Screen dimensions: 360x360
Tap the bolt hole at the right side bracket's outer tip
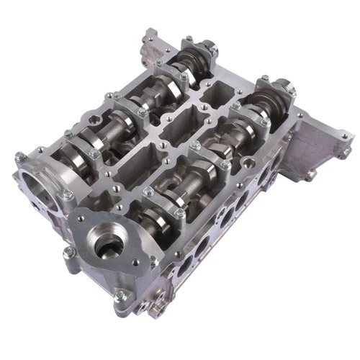[344, 135]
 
